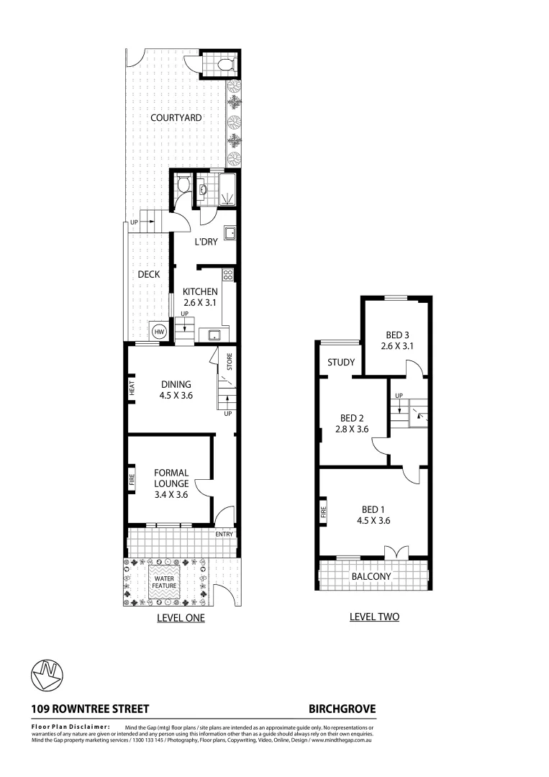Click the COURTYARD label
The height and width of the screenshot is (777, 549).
coord(176,117)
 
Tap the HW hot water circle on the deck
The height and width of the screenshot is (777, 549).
coord(159,331)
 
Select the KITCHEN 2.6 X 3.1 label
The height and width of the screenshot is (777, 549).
coord(199,297)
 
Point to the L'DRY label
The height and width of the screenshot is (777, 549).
coord(206,242)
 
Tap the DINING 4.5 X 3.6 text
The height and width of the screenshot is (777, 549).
coord(176,389)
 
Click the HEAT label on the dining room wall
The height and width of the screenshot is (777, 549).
coord(132,389)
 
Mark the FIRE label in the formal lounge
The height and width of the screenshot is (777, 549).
coord(132,480)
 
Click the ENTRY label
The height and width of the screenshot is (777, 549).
coord(224,534)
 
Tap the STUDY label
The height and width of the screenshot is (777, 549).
coord(341,363)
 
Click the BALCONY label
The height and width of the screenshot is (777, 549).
coord(371,576)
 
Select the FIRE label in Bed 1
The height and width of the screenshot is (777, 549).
coord(324,512)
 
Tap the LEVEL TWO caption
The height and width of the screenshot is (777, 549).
coord(373,617)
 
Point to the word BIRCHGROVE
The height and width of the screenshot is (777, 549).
coord(342,708)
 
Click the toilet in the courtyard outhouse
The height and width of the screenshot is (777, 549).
coord(224,65)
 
